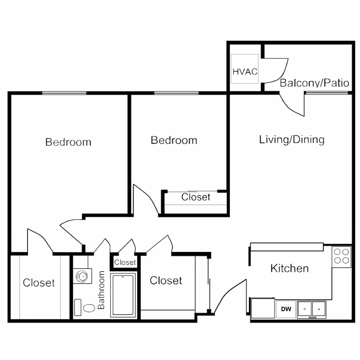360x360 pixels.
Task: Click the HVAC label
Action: [x=245, y=72]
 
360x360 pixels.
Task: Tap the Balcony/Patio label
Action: [x=314, y=83]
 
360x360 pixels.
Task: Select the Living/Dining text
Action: [x=292, y=139]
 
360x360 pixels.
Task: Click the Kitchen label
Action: [x=289, y=268]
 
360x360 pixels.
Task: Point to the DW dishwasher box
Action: [x=286, y=309]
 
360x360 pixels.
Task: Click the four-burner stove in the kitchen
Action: [x=342, y=256]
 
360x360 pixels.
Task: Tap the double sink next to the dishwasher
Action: [x=311, y=310]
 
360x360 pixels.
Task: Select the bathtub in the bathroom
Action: [x=123, y=295]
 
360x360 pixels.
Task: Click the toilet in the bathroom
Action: [x=85, y=307]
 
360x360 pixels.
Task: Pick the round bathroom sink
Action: [x=82, y=276]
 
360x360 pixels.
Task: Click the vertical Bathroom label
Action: [x=101, y=290]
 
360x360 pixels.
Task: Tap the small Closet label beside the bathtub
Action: [x=125, y=262]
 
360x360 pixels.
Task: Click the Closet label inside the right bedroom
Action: [x=196, y=197]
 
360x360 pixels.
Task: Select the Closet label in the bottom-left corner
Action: [x=39, y=283]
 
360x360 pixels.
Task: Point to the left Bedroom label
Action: [x=68, y=142]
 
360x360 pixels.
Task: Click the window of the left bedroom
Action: [x=64, y=93]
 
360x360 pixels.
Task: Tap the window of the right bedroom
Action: [x=176, y=93]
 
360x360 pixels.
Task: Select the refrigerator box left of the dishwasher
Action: [x=263, y=308]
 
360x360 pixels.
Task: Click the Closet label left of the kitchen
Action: [x=166, y=280]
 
